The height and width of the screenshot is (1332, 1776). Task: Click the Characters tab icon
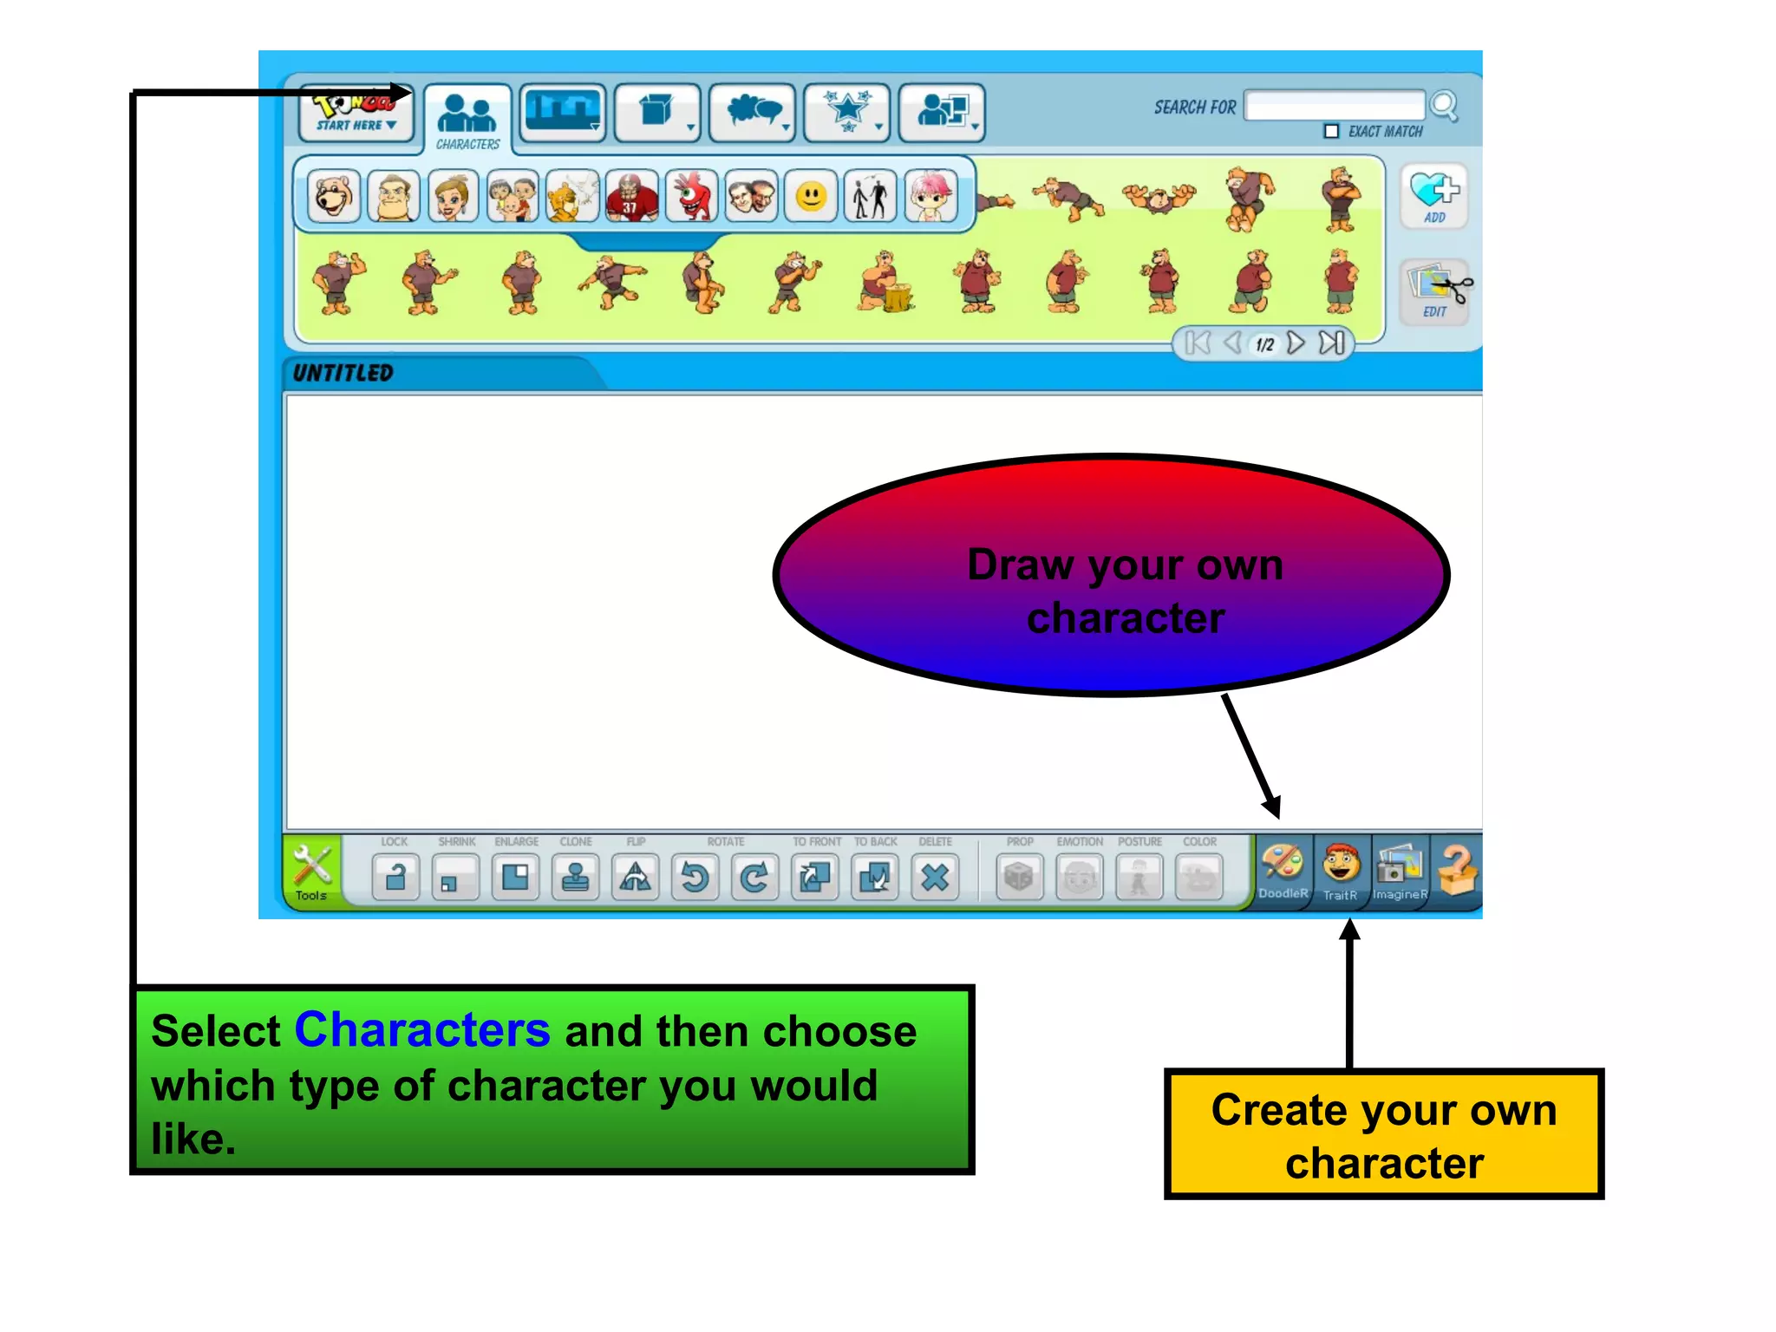click(467, 116)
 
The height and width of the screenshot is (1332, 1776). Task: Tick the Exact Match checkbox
click(1331, 132)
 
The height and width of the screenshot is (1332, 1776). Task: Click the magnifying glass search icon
click(1445, 107)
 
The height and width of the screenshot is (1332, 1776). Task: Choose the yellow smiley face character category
click(811, 197)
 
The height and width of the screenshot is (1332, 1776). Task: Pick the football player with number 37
click(631, 197)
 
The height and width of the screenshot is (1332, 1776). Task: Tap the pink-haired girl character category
click(930, 197)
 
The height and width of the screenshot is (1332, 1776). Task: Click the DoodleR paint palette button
click(1283, 869)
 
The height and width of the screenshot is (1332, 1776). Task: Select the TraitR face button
click(1341, 869)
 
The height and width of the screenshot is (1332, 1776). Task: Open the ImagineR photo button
click(1400, 869)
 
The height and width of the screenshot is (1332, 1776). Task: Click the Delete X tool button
click(935, 878)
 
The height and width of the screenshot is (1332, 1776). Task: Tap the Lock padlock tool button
click(396, 878)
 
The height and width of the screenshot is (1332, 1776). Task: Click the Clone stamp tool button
click(576, 878)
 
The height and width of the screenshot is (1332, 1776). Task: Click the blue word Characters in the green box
click(422, 1030)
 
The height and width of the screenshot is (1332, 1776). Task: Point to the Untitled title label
click(343, 373)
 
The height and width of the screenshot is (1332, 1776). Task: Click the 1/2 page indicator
click(1264, 344)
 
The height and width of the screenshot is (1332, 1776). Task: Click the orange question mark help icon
click(1458, 869)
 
